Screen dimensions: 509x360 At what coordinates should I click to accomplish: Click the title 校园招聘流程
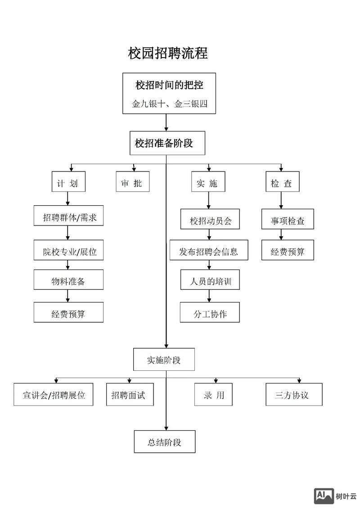[x=168, y=53]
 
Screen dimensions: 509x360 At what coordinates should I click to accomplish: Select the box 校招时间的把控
[x=169, y=85]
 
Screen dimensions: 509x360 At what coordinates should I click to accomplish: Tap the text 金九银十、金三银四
[x=169, y=104]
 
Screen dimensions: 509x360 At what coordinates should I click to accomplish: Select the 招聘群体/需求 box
[x=68, y=218]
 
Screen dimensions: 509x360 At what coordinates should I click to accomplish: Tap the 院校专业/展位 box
[x=68, y=252]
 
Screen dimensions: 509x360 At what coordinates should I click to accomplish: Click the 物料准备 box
[x=68, y=282]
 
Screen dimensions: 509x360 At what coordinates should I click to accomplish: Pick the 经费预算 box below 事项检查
[x=288, y=252]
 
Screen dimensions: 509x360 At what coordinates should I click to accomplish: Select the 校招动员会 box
[x=210, y=221]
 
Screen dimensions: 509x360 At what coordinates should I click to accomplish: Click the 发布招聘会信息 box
[x=208, y=252]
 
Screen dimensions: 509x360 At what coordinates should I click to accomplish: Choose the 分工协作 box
[x=210, y=314]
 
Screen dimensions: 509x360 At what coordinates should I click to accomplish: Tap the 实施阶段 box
[x=164, y=360]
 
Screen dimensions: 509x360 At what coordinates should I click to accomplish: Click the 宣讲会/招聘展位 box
[x=54, y=395]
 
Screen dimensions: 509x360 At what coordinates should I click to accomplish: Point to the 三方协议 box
[x=294, y=395]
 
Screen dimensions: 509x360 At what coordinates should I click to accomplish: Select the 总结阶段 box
[x=164, y=442]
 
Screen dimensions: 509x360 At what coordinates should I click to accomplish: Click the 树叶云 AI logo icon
[x=324, y=495]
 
